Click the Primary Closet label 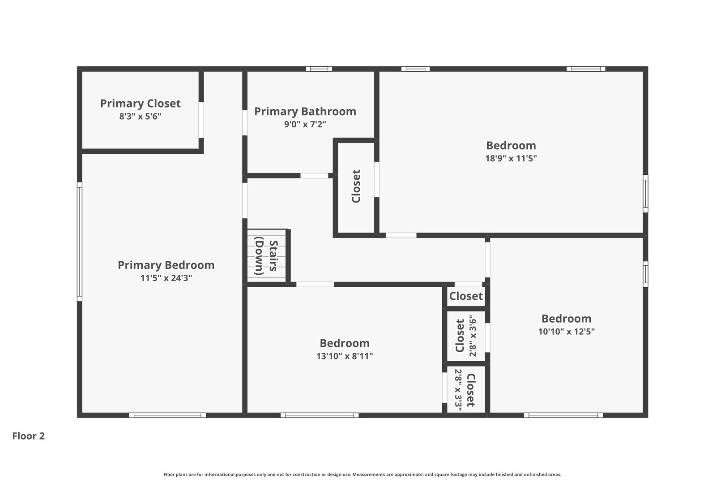pos(140,104)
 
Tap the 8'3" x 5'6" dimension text pos(140,117)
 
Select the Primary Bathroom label pos(305,112)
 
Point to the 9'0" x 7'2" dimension pos(305,124)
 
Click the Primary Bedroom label pos(166,265)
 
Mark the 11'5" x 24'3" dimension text pos(166,278)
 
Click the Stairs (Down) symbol pos(266,256)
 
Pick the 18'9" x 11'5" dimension pos(511,158)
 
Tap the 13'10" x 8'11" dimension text pos(345,356)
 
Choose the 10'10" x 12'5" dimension pos(567,331)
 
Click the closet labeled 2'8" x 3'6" pos(466,336)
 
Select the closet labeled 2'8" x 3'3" pos(466,389)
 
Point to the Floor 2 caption pos(29,436)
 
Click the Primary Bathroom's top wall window pos(319,69)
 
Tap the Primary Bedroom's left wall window pos(79,242)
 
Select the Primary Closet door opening pos(201,120)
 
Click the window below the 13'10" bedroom pos(320,415)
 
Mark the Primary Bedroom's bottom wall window pos(167,415)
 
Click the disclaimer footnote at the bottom pos(362,474)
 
